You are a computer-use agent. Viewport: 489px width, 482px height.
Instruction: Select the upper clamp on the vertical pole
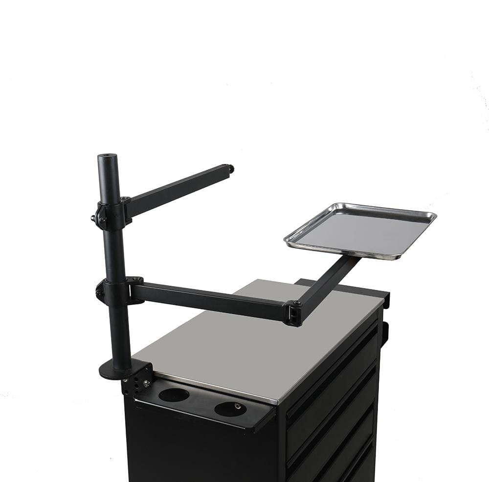click(111, 215)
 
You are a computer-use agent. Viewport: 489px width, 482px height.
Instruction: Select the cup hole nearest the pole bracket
click(174, 394)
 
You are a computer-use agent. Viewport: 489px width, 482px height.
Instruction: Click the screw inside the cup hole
click(237, 406)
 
